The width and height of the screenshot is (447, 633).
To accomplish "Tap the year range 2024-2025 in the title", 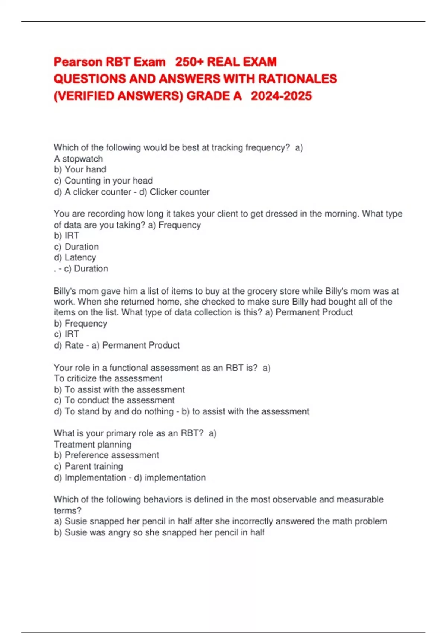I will [281, 96].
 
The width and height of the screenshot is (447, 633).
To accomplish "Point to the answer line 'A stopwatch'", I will [78, 159].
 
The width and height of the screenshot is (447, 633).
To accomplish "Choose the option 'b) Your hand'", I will [80, 169].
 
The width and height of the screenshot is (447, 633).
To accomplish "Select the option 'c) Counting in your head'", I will [103, 181].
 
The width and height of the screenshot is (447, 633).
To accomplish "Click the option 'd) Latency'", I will [75, 257].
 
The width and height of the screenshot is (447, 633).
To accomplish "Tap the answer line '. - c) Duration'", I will [81, 268].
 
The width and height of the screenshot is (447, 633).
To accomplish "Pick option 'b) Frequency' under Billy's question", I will [80, 323].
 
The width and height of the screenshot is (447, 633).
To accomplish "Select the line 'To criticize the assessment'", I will [108, 378].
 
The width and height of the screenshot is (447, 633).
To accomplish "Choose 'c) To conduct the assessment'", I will [114, 400].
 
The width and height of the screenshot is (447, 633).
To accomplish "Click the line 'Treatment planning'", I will [92, 444].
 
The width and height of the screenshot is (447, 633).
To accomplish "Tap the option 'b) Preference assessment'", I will [107, 455].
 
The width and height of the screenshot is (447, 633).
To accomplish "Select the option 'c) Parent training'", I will [88, 466].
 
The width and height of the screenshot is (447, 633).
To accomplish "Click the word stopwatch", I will [82, 159].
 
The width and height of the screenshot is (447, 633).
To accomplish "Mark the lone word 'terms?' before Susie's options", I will [67, 510].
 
